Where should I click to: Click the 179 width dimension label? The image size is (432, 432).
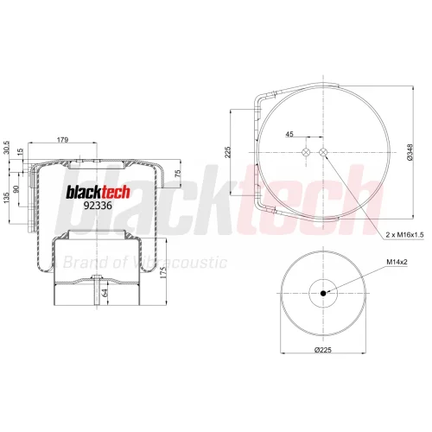pyautogui.click(x=62, y=140)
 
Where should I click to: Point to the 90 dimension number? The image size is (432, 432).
pyautogui.click(x=16, y=189)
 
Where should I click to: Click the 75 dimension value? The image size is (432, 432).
pyautogui.click(x=178, y=173)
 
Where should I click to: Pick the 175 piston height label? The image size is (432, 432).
pyautogui.click(x=163, y=272)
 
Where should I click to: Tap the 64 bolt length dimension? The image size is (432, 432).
pyautogui.click(x=105, y=293)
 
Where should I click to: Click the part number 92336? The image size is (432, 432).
pyautogui.click(x=98, y=206)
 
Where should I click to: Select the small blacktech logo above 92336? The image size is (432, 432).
pyautogui.click(x=98, y=192)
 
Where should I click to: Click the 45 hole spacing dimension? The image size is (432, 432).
pyautogui.click(x=289, y=134)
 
